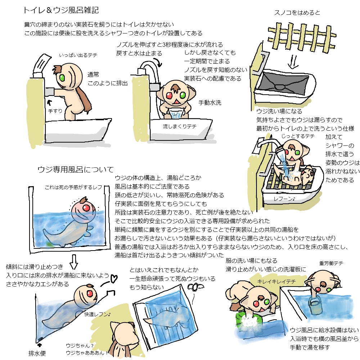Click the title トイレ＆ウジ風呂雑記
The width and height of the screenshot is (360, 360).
coord(61,10)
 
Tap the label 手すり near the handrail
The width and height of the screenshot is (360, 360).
coord(55,111)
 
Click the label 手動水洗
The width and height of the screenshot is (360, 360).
coord(210,103)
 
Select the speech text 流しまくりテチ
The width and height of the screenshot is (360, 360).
coord(180,126)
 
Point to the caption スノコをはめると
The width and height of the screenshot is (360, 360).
coord(297,13)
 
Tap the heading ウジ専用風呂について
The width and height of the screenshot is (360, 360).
coord(76,170)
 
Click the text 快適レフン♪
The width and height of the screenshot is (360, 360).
coord(97,314)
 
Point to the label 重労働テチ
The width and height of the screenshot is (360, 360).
coord(331,263)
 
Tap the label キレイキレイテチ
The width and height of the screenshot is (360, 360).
coord(276,282)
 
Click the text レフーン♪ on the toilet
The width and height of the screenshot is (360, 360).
coord(284,199)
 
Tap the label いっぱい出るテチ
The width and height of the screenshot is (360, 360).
coord(78,55)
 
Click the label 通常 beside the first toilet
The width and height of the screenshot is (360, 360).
coord(93,75)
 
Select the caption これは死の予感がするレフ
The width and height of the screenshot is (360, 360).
coord(73,187)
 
